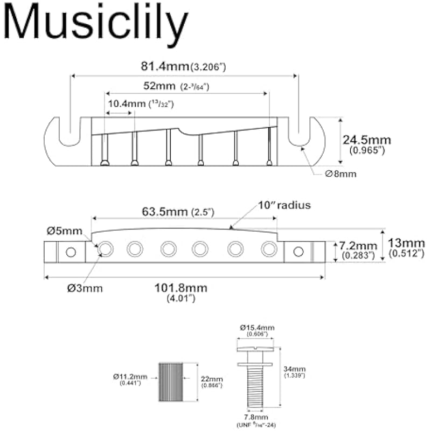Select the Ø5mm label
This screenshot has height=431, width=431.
(64, 232)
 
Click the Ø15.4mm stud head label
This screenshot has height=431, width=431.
(256, 328)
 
